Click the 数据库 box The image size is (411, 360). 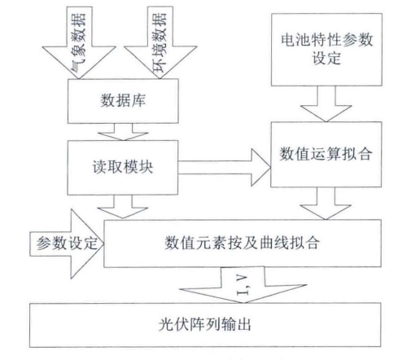point(123,101)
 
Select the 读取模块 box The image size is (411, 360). point(123,168)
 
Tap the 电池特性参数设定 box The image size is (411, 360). point(326,50)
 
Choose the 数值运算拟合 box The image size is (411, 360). point(326,154)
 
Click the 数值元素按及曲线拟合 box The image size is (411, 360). point(243,244)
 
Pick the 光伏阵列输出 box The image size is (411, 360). point(205,325)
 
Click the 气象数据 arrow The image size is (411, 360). point(79,43)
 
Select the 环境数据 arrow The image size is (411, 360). point(160,43)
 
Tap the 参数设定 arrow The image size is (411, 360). point(67,244)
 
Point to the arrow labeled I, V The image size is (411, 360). point(243,284)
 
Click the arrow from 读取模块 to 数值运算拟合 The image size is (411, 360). point(225,167)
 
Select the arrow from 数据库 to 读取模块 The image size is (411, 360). point(123,132)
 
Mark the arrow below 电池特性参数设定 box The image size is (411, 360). point(326,104)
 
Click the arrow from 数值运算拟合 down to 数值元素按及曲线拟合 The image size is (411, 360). point(326,204)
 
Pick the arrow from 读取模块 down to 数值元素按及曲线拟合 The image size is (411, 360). point(123,207)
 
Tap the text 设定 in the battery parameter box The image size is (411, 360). point(326,58)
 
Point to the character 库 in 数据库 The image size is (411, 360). point(138,100)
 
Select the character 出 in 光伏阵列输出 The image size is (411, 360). point(243,324)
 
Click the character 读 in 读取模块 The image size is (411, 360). point(100,167)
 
